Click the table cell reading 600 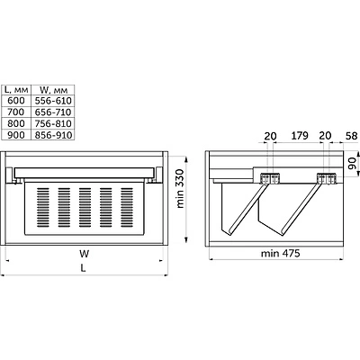pyautogui.click(x=16, y=100)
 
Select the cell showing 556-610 pyautogui.click(x=53, y=100)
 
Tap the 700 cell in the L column pyautogui.click(x=16, y=112)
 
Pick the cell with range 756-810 pyautogui.click(x=53, y=123)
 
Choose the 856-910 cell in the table pyautogui.click(x=53, y=135)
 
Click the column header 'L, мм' pyautogui.click(x=16, y=89)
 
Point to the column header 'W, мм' pyautogui.click(x=53, y=89)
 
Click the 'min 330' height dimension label pyautogui.click(x=180, y=188)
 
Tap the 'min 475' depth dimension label pyautogui.click(x=280, y=254)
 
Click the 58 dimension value pyautogui.click(x=351, y=136)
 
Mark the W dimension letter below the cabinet pyautogui.click(x=85, y=254)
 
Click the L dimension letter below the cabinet pyautogui.click(x=83, y=268)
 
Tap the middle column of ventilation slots pyautogui.click(x=85, y=207)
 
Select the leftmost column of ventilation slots pyautogui.click(x=43, y=207)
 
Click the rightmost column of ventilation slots pyautogui.click(x=127, y=207)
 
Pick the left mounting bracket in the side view pyautogui.click(x=270, y=178)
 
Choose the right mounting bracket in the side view pyautogui.click(x=327, y=178)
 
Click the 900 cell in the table pyautogui.click(x=16, y=135)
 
